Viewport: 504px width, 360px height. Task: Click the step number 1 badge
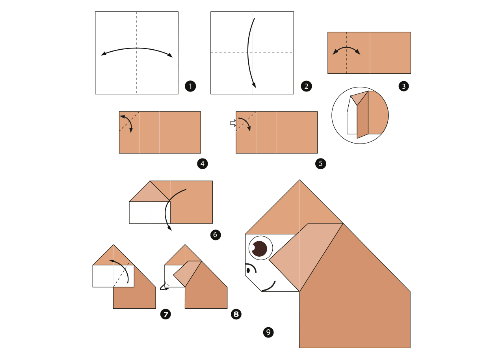[x=190, y=86]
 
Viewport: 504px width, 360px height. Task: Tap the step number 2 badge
[x=306, y=86]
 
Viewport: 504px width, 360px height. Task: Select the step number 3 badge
[x=404, y=86]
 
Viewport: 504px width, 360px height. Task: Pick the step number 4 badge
[x=203, y=164]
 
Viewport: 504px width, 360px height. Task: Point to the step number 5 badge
[x=321, y=164]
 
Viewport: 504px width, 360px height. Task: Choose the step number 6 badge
[x=216, y=235]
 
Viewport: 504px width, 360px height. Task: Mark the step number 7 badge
[x=166, y=314]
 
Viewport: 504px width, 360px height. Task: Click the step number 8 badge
[x=236, y=314]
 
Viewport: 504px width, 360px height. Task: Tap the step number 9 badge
[x=268, y=332]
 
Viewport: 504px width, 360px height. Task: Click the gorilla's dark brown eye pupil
[x=259, y=249]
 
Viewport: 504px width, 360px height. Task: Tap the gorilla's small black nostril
[x=248, y=270]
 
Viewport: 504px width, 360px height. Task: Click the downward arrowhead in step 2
[x=254, y=85]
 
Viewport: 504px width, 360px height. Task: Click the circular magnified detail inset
[x=360, y=115]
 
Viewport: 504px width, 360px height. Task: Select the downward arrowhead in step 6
[x=169, y=228]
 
